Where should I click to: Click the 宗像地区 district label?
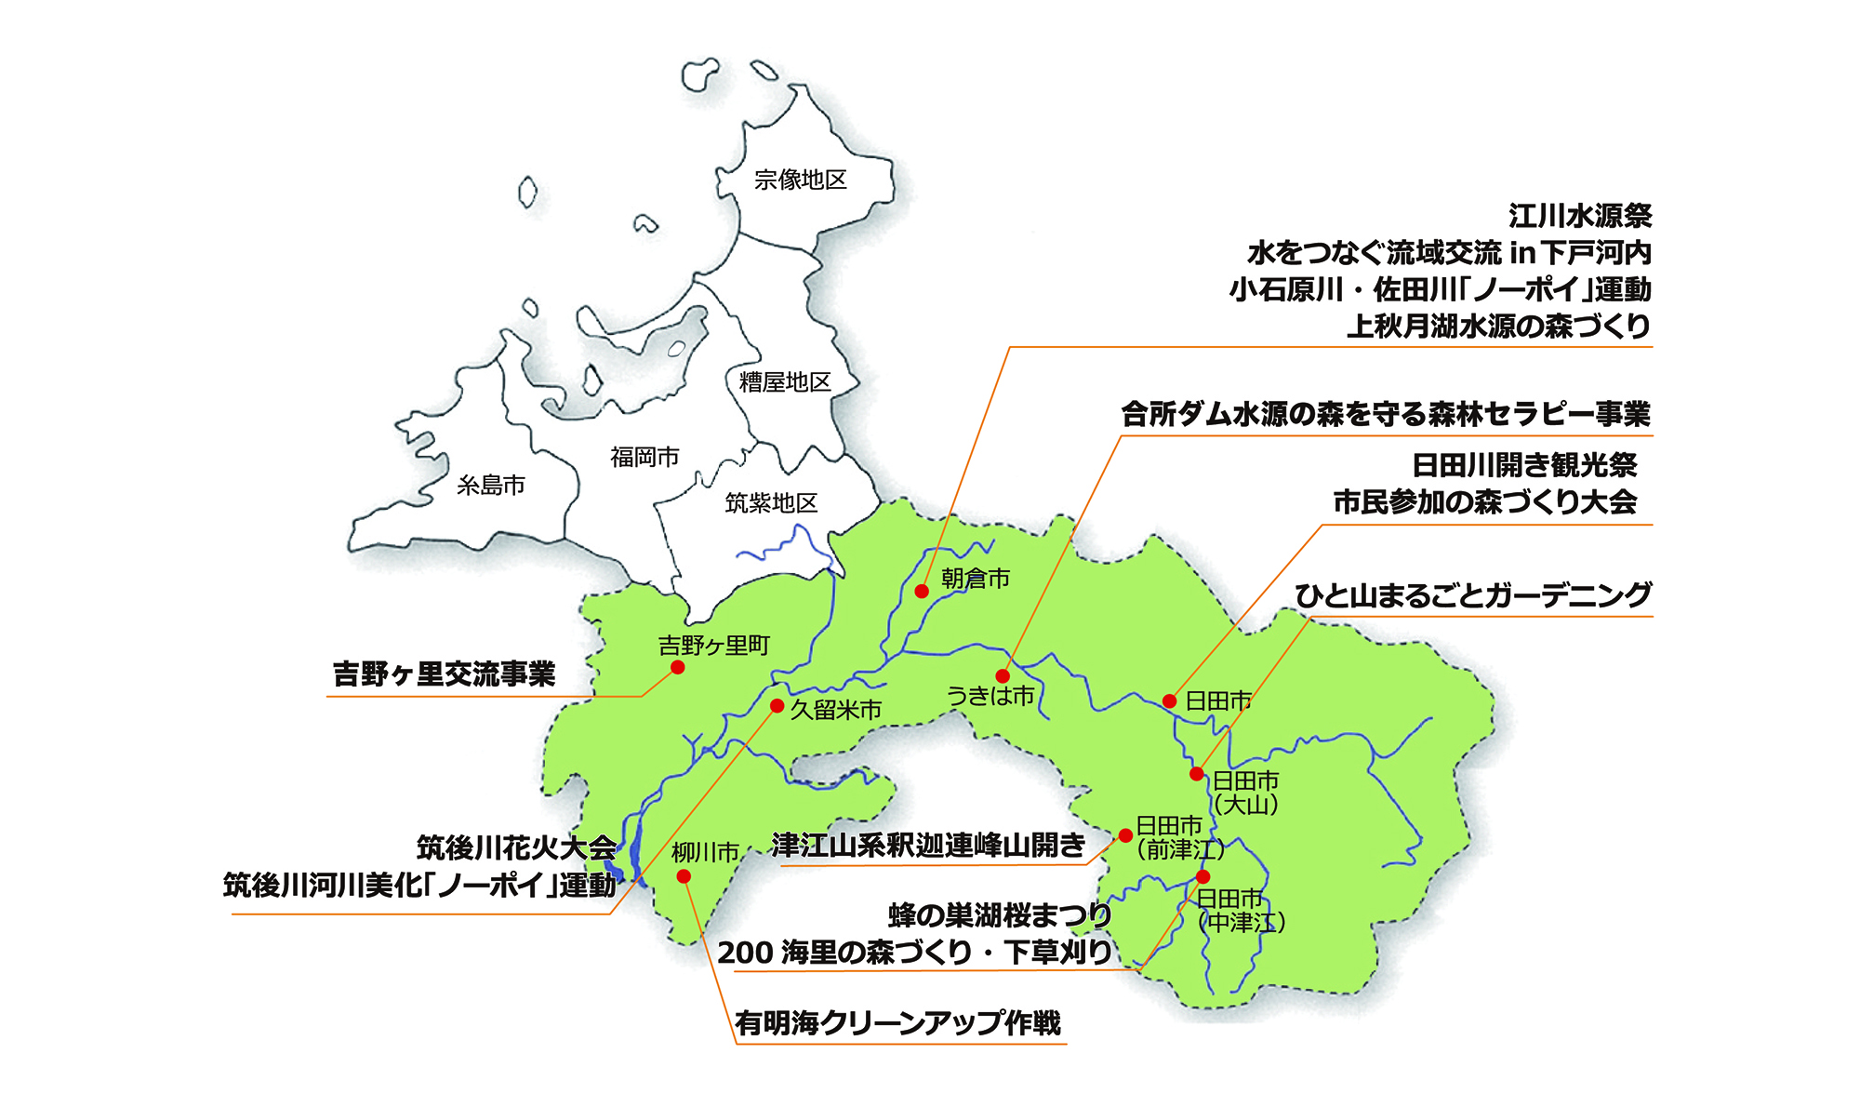click(x=800, y=180)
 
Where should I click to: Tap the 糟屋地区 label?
click(x=785, y=381)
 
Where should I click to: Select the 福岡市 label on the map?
click(x=644, y=457)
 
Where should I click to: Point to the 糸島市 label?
click(x=491, y=485)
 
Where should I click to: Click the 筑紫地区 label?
click(x=771, y=503)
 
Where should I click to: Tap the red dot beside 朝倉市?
click(x=922, y=591)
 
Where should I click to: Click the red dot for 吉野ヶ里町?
click(x=678, y=667)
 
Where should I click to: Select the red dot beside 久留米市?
click(x=777, y=706)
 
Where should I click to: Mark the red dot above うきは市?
click(x=1002, y=676)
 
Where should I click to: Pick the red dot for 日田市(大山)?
click(x=1197, y=774)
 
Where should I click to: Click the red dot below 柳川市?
click(x=684, y=876)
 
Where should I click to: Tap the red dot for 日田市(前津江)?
click(x=1125, y=835)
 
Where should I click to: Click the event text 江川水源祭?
click(x=1580, y=217)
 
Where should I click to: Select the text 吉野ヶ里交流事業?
click(x=444, y=674)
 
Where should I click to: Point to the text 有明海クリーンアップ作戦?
click(x=897, y=1023)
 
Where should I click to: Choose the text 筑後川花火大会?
click(x=516, y=848)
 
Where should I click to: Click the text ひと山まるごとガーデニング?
click(x=1473, y=595)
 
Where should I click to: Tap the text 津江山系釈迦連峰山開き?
click(x=928, y=846)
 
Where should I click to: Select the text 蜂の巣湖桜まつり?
click(x=1000, y=915)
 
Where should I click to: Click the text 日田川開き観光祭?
click(x=1524, y=465)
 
